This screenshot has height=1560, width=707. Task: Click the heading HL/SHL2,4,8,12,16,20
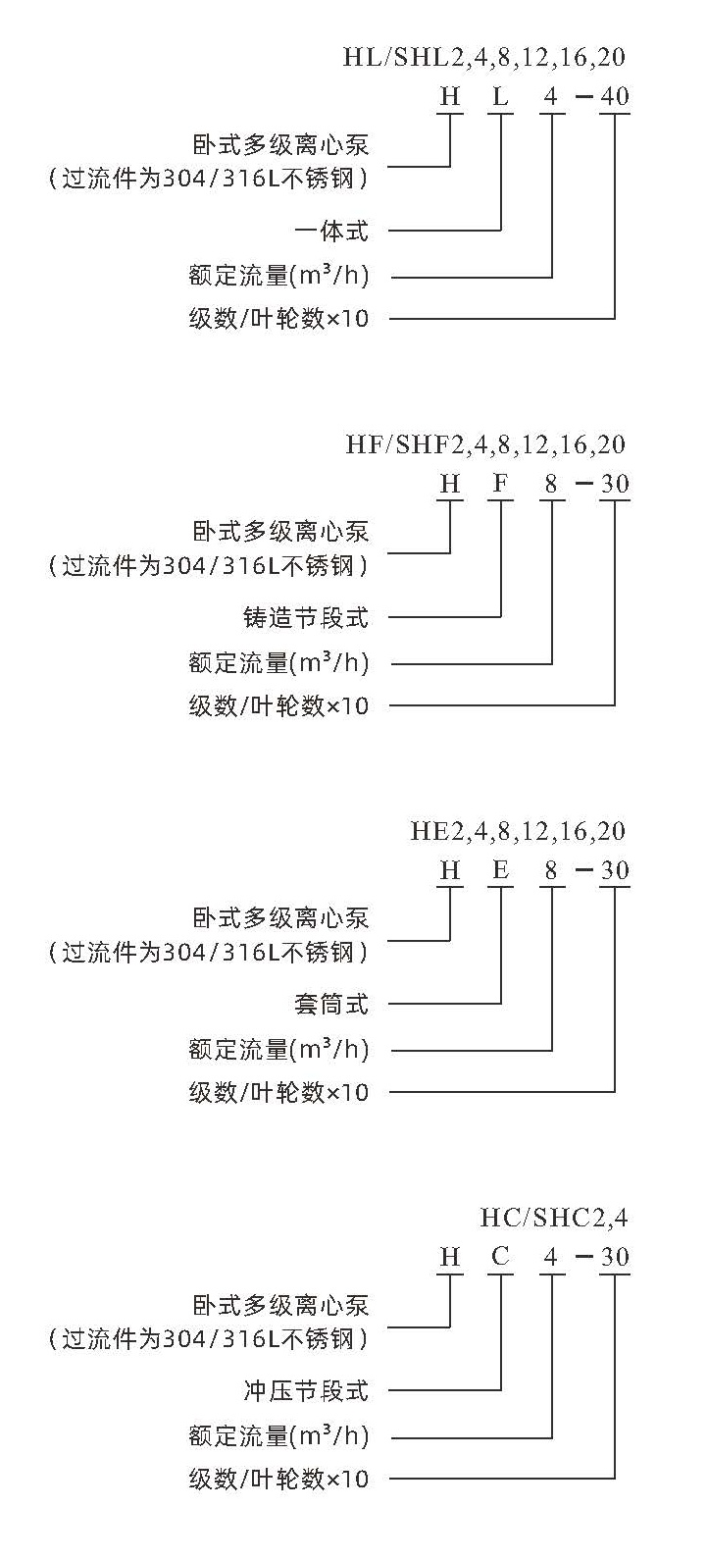pyautogui.click(x=484, y=57)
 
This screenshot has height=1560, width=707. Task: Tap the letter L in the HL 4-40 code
pyautogui.click(x=500, y=96)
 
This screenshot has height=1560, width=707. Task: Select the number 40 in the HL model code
pyautogui.click(x=615, y=96)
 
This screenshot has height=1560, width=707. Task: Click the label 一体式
pyautogui.click(x=331, y=231)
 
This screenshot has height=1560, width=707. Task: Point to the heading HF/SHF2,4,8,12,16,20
pyautogui.click(x=485, y=444)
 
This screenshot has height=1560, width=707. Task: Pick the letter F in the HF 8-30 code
pyautogui.click(x=500, y=484)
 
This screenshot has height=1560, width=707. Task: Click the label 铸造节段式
pyautogui.click(x=306, y=617)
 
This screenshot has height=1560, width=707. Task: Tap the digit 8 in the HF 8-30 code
pyautogui.click(x=551, y=484)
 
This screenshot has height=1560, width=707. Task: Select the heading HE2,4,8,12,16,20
pyautogui.click(x=518, y=831)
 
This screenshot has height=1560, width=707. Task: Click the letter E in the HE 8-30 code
pyautogui.click(x=500, y=870)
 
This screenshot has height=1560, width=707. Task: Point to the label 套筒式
pyautogui.click(x=331, y=1005)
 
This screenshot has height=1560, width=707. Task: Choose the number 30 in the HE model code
pyautogui.click(x=615, y=870)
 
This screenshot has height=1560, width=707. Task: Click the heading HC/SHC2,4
pyautogui.click(x=554, y=1218)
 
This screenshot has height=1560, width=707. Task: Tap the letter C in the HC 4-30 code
pyautogui.click(x=500, y=1257)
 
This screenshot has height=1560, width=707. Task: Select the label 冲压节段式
pyautogui.click(x=306, y=1391)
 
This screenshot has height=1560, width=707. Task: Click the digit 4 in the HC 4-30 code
pyautogui.click(x=551, y=1257)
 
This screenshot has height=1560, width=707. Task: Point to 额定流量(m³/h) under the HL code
pyautogui.click(x=278, y=276)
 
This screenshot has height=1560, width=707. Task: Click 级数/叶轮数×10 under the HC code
pyautogui.click(x=278, y=1479)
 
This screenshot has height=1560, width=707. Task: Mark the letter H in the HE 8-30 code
pyautogui.click(x=450, y=870)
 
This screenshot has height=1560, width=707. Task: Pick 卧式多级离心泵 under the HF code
pyautogui.click(x=280, y=532)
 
